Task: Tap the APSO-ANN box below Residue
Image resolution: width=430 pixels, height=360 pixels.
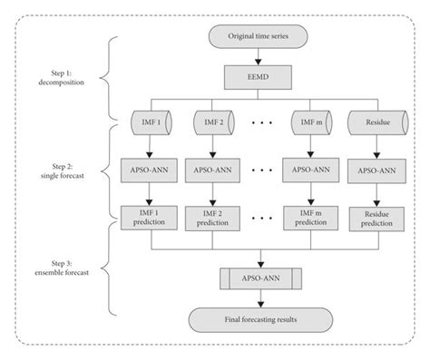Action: tap(376, 170)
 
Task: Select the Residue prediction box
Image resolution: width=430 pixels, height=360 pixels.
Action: tap(376, 219)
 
